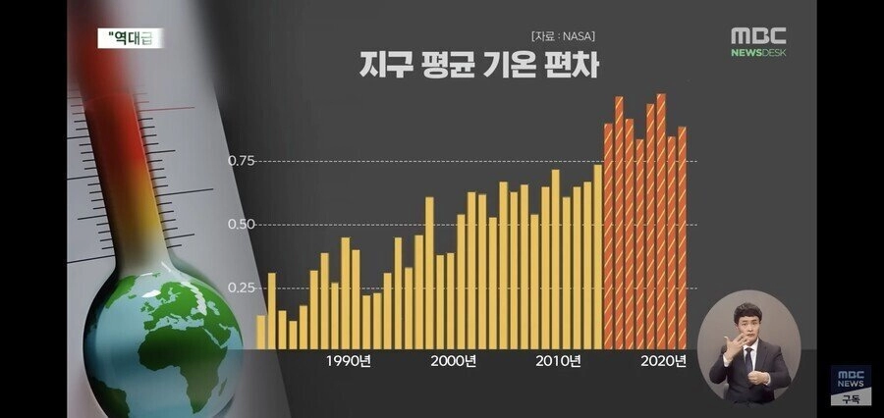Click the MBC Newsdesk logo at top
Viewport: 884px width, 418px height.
click(x=757, y=41)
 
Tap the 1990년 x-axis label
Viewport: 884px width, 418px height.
click(x=349, y=361)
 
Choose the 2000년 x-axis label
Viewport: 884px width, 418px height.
click(x=454, y=361)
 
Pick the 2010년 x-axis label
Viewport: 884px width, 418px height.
click(x=558, y=361)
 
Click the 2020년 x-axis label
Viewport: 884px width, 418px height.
click(x=663, y=361)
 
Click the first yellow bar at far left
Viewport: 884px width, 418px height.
click(x=261, y=332)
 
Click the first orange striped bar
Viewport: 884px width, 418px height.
click(x=608, y=235)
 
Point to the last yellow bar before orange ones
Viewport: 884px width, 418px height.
click(x=597, y=256)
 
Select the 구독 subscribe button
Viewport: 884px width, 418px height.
click(x=850, y=398)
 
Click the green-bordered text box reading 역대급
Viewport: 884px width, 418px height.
click(x=131, y=38)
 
